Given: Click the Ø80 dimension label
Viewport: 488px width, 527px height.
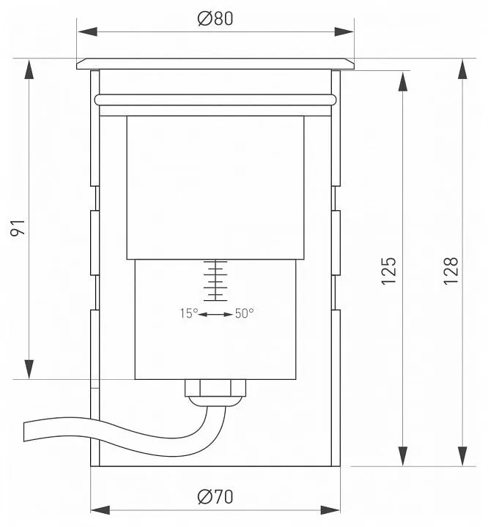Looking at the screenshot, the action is click(x=215, y=18).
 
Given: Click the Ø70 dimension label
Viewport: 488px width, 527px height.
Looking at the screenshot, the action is click(x=215, y=497).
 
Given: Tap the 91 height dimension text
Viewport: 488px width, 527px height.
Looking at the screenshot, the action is click(x=18, y=228).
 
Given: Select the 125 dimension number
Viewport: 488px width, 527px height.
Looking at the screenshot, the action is click(x=389, y=272).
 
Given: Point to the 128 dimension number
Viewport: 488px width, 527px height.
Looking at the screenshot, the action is click(x=451, y=272).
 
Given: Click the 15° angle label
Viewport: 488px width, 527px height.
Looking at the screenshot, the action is click(x=189, y=313).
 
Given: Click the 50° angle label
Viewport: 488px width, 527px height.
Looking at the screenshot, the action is click(x=244, y=313).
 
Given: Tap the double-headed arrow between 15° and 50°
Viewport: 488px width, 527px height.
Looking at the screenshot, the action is click(x=215, y=315).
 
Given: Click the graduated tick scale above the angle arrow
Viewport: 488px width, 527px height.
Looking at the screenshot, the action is click(x=215, y=280).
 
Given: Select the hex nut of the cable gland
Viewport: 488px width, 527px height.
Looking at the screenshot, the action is click(x=215, y=388).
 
